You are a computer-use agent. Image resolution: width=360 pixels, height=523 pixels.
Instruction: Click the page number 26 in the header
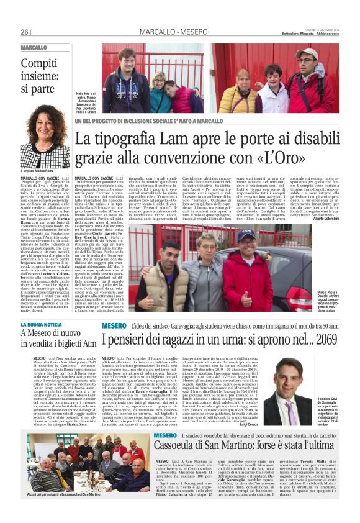click(25, 32)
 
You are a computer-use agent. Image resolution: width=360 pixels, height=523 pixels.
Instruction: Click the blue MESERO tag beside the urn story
click(114, 325)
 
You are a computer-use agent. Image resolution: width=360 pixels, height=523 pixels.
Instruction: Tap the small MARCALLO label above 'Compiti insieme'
click(34, 48)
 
